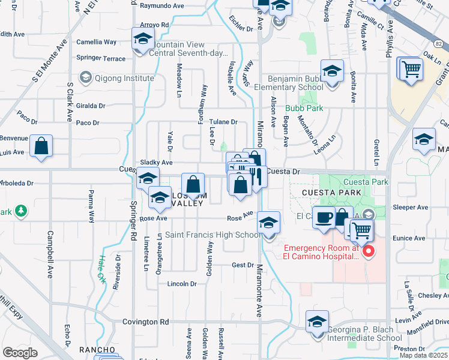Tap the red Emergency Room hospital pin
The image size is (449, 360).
[369, 251]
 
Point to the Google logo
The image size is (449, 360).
[20, 353]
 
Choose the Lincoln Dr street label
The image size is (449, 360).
[182, 284]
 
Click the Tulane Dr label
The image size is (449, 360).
[223, 122]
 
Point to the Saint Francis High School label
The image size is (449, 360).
[213, 235]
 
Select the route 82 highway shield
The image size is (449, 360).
[439, 44]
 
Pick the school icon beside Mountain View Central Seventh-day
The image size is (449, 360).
[143, 40]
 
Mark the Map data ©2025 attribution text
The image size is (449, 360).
[424, 355]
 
